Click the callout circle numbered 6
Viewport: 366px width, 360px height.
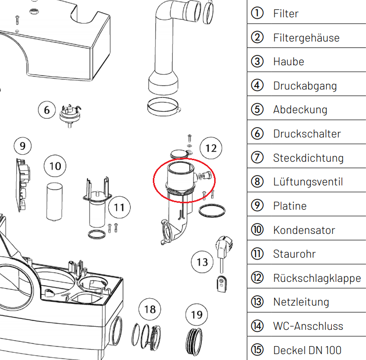(47, 110)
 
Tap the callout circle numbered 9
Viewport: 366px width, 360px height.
(23, 146)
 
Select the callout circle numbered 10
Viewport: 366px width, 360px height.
(55, 166)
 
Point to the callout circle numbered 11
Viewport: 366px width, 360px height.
(119, 207)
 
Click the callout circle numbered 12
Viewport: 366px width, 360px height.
(211, 148)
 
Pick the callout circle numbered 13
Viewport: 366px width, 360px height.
(202, 262)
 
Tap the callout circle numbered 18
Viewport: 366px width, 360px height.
(150, 310)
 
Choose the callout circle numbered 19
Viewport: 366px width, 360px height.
(197, 315)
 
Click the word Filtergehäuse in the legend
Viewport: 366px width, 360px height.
(306, 38)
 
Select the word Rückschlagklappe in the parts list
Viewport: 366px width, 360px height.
(317, 278)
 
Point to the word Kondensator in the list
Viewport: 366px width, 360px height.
(304, 230)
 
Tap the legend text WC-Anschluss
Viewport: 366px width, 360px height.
(308, 326)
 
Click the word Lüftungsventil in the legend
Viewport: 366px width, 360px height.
(308, 182)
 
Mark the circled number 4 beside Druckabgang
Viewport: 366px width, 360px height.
(257, 85)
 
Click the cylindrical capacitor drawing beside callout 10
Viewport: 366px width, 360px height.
(54, 202)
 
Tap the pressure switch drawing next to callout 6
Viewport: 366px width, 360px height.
(70, 116)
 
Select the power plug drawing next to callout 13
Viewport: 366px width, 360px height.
(224, 264)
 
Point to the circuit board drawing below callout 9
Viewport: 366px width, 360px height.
(23, 185)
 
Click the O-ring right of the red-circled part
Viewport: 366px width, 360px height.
(212, 211)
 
